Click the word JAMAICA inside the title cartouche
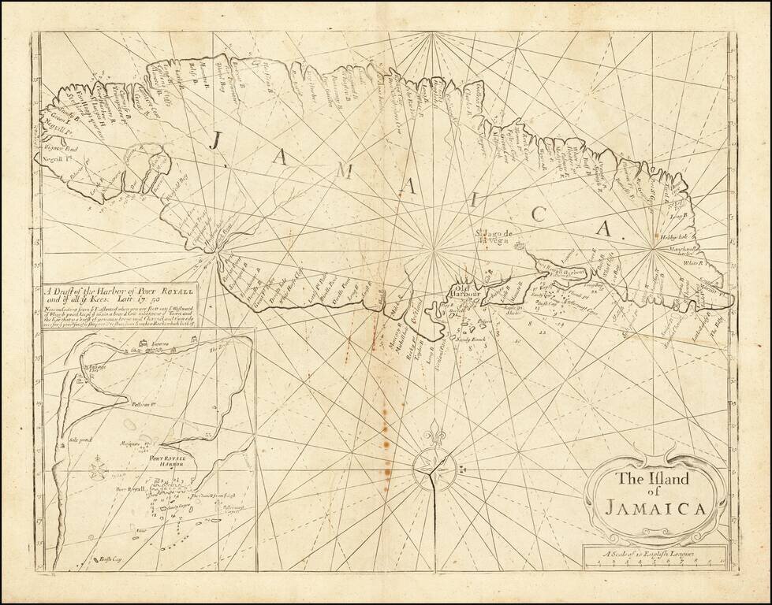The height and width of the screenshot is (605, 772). tap(656, 505)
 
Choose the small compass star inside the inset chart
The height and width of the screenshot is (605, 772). tap(99, 471)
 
